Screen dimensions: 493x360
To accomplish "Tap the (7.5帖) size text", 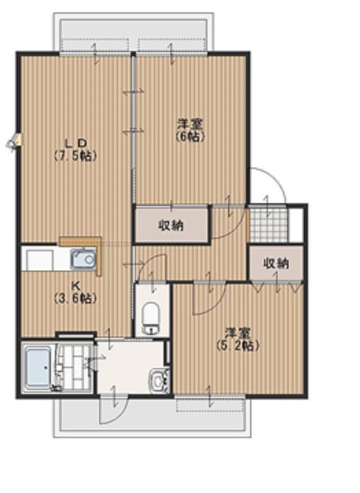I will (75, 156).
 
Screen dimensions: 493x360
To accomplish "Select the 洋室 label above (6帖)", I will (190, 124).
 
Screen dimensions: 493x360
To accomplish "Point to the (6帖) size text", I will (190, 136).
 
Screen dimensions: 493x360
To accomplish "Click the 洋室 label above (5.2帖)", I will (236, 334).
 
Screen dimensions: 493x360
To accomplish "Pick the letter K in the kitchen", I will (75, 286).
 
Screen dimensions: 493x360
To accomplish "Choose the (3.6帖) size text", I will (75, 299).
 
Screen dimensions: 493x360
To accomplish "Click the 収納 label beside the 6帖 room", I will (171, 225).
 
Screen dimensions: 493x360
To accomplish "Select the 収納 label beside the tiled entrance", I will (275, 264).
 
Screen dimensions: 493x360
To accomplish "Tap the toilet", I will (150, 317).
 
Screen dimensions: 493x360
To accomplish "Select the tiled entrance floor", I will (267, 223).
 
